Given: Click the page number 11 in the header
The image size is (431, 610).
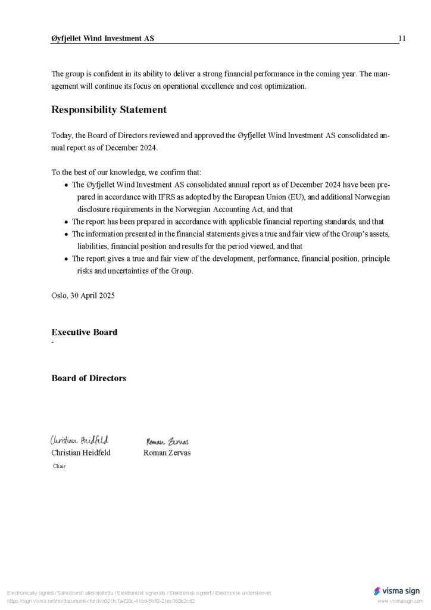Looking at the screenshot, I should click(x=402, y=39).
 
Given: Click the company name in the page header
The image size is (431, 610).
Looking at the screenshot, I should click(x=102, y=39).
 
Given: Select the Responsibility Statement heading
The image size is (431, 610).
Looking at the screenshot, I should click(x=109, y=110).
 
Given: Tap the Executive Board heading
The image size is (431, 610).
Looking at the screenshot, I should click(x=84, y=332).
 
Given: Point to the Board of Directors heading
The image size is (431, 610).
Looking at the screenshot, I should click(x=89, y=378).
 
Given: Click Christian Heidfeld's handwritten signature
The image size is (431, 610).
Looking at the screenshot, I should click(x=79, y=440).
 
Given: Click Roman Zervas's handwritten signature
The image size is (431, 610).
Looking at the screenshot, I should click(x=167, y=441).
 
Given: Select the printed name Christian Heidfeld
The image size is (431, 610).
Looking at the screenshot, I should click(x=81, y=453).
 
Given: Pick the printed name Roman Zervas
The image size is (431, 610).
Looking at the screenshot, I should click(x=167, y=453).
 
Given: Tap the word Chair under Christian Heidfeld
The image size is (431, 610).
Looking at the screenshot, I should click(x=59, y=466).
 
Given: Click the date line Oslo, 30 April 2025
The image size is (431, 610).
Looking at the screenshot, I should click(x=83, y=295).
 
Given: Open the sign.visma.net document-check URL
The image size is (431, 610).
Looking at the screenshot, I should click(x=101, y=601).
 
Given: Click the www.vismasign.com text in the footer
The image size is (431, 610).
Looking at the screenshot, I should click(x=400, y=601).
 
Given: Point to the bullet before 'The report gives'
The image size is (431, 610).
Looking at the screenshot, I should click(x=67, y=259).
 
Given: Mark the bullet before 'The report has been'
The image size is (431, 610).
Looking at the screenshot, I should click(x=67, y=222).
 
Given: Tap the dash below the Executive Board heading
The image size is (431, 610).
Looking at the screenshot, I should click(x=52, y=343).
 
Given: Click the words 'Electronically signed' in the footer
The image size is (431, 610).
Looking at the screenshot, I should click(x=30, y=593).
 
